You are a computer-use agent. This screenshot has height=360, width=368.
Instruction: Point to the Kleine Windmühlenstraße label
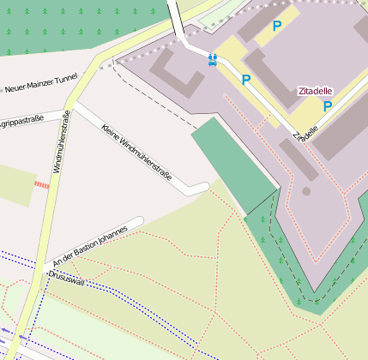pos(136,153)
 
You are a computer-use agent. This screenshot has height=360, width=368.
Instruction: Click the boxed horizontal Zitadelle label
pos(315,91)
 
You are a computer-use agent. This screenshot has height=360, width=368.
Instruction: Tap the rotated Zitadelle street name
pos(305,129)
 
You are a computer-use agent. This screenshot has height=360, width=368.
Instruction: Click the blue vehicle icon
pos(212,59)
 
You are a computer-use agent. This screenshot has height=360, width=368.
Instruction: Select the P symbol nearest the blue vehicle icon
pos(246,80)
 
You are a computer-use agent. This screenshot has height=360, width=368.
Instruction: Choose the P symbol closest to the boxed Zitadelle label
pos(327,106)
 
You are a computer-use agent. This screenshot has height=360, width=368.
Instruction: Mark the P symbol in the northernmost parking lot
pos(276,27)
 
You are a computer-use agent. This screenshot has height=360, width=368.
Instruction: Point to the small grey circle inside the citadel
pos(306,190)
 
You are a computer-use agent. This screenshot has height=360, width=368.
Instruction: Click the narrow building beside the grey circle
pos(297,159)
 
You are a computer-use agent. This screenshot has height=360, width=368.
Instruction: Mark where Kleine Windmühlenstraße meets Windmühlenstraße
pos(72,106)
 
